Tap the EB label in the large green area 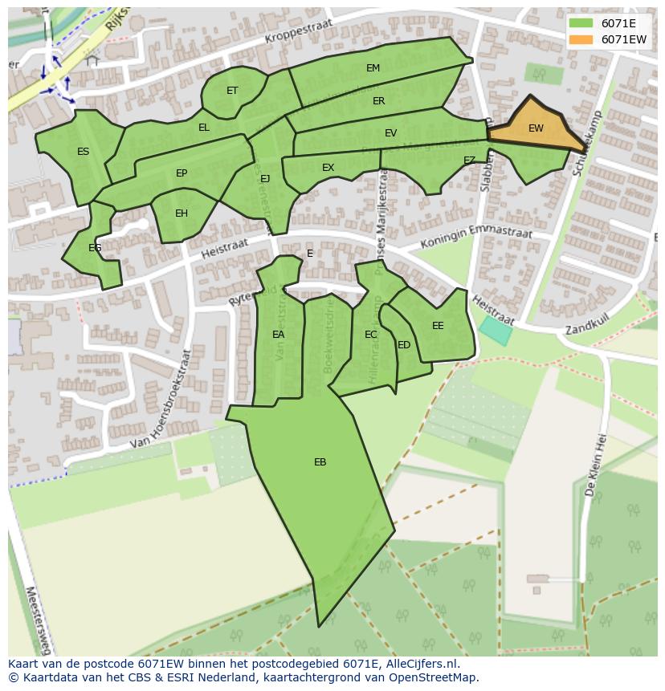pos(320,462)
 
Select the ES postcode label pos(83,152)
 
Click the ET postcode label pos(232,91)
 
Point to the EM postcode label pos(373,68)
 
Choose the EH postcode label pos(182,213)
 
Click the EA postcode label pos(278,335)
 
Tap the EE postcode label pos(438,326)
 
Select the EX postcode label pos(328,168)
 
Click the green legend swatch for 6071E pos(581,23)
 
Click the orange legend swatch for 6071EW pos(581,39)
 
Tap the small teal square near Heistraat pos(495,330)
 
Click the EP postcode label pos(182,173)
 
